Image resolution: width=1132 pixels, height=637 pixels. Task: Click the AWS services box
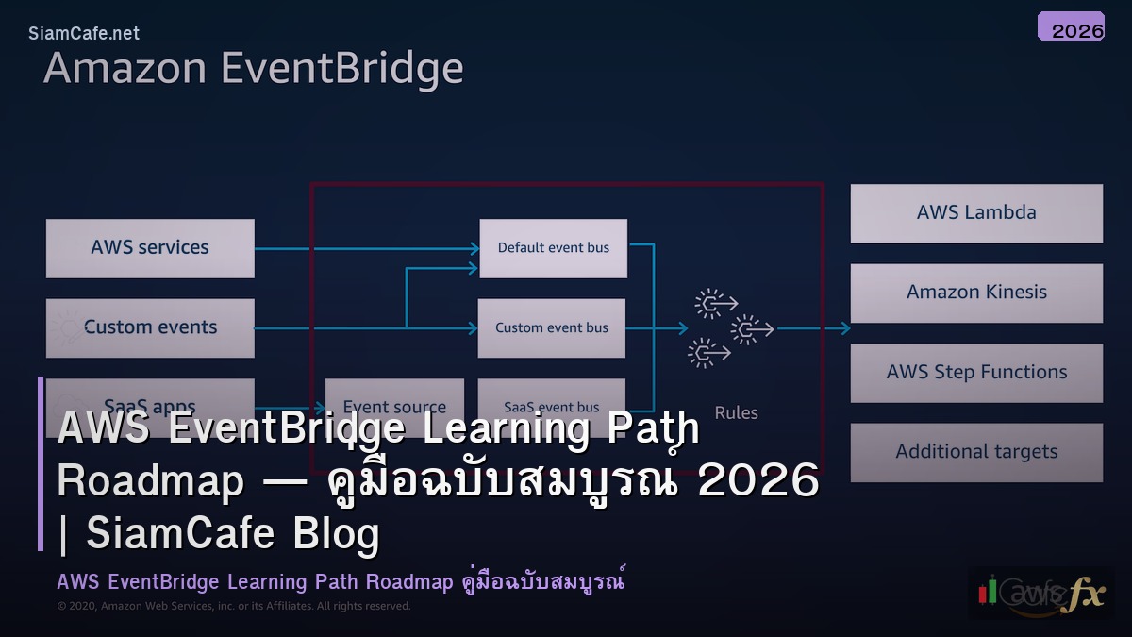point(150,248)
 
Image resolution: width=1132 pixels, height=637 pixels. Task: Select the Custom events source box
point(150,327)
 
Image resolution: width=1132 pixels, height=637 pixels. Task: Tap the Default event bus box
point(553,248)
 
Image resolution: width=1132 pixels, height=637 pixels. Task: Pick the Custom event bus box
point(552,327)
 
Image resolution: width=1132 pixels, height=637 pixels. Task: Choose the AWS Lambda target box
point(976,213)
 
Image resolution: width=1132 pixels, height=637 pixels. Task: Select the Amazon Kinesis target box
point(976,293)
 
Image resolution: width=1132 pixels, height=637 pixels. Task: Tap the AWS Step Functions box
point(976,373)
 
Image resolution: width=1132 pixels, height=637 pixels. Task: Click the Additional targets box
point(976,452)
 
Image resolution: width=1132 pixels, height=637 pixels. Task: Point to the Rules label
point(736,412)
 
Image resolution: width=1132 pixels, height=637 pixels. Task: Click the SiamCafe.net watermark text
point(84,33)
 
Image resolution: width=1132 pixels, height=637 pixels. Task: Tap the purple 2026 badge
point(1071,27)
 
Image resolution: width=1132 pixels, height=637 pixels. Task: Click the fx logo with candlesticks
point(1040,593)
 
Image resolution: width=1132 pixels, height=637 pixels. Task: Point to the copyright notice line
point(234,606)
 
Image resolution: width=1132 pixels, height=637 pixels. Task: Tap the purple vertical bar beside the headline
point(41,463)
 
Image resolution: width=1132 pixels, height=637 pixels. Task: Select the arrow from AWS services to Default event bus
point(368,248)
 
